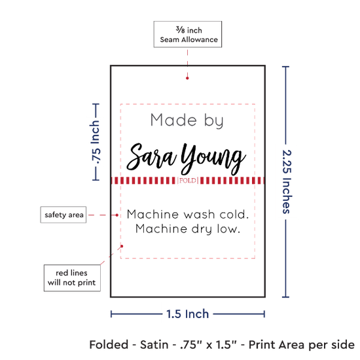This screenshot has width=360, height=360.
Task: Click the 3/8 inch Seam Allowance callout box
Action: coord(188,34)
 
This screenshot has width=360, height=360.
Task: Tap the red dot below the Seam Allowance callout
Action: coord(187,79)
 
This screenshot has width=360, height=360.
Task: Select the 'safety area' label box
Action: coord(63,215)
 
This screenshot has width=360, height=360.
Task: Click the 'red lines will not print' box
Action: coord(72,278)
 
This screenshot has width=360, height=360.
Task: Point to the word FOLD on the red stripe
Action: coord(188,181)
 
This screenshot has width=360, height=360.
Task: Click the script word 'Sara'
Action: coord(152,156)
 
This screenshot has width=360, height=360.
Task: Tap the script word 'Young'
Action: coord(213,158)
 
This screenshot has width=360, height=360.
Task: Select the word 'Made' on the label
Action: coord(173,120)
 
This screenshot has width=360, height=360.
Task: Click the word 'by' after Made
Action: coord(214,121)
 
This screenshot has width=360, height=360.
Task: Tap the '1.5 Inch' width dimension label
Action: coord(188,314)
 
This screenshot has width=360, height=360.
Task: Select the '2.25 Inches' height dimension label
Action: coord(287,182)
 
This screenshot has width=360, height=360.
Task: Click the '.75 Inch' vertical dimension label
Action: coord(96,142)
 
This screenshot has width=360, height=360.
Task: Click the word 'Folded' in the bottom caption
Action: coord(109,344)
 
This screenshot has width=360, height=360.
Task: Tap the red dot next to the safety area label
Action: coord(117,215)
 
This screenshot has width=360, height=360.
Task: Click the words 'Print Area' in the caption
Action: coord(278,344)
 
